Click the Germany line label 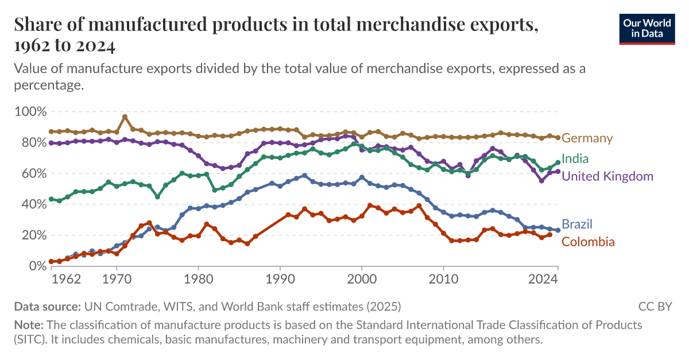[587, 138]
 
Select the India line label [575, 158]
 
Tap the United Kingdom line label [607, 176]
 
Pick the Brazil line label [576, 224]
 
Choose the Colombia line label [587, 242]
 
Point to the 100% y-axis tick [29, 111]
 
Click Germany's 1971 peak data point [125, 117]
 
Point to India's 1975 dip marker [157, 196]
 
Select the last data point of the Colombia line [549, 234]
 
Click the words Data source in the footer [48, 306]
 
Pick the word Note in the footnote [26, 324]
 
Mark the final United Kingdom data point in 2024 [558, 171]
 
